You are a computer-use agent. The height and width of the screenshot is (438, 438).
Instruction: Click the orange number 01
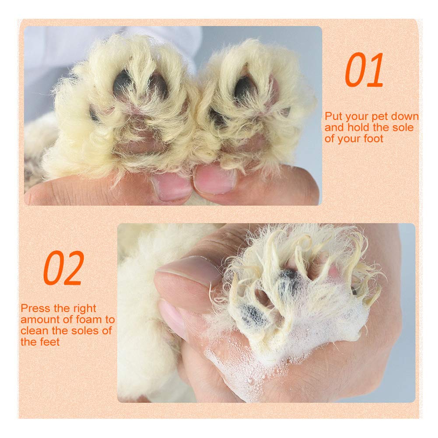(x=364, y=70)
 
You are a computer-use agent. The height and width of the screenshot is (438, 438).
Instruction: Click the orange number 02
(x=64, y=268)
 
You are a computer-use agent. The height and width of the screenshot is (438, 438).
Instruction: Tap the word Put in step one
(x=333, y=116)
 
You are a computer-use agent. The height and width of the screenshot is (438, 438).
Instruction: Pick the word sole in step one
(x=403, y=128)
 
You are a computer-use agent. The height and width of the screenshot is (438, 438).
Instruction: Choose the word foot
(x=373, y=139)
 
